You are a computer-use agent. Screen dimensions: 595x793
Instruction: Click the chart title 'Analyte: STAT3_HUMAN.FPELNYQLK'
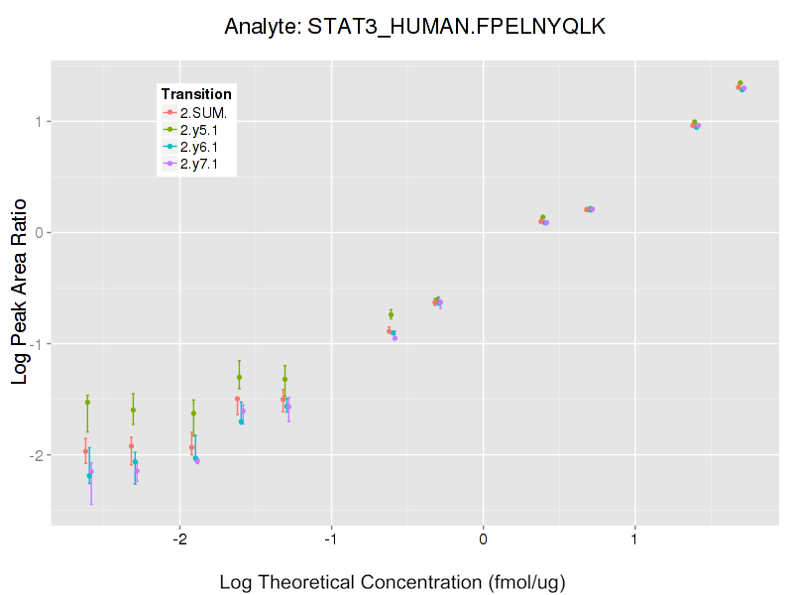pyautogui.click(x=414, y=27)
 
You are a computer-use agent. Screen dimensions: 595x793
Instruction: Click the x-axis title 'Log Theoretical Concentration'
pyautogui.click(x=393, y=582)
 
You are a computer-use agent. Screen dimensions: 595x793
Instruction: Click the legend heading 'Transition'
pyautogui.click(x=196, y=94)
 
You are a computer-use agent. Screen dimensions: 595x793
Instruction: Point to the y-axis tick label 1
pyautogui.click(x=37, y=121)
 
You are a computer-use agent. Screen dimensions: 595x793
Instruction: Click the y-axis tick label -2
pyautogui.click(x=34, y=455)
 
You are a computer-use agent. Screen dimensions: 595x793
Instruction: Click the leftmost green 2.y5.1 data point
pyautogui.click(x=87, y=403)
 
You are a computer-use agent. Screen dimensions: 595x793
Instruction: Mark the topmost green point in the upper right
pyautogui.click(x=739, y=83)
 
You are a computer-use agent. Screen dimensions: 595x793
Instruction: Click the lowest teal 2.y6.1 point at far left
pyautogui.click(x=89, y=476)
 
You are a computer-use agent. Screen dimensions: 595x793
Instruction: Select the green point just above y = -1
pyautogui.click(x=391, y=314)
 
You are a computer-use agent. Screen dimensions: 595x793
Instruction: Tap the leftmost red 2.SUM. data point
pyautogui.click(x=85, y=451)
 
